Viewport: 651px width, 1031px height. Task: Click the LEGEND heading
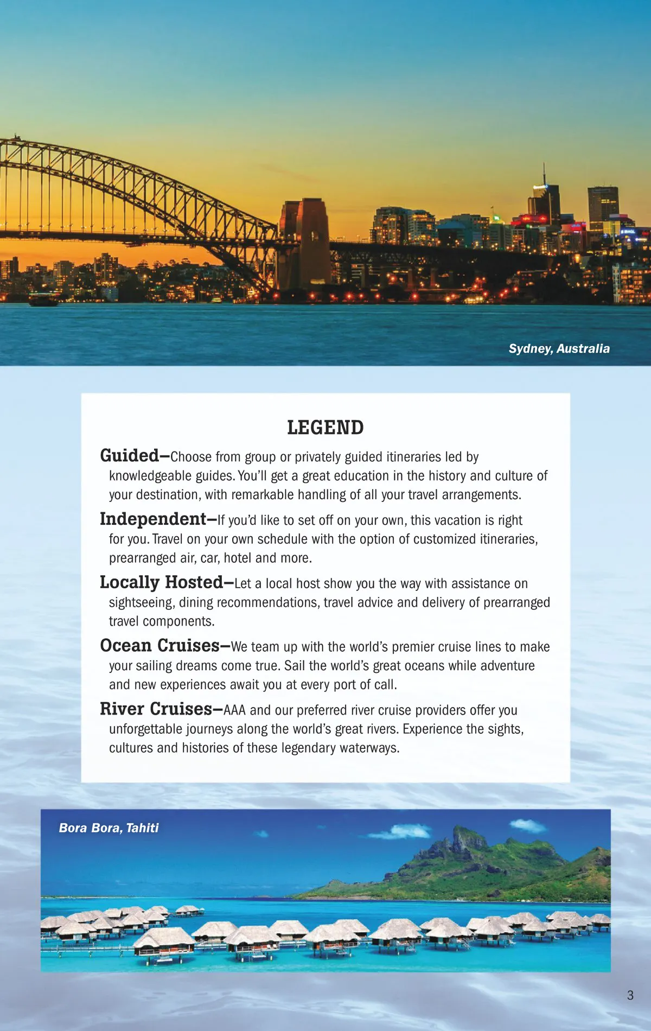coord(325,428)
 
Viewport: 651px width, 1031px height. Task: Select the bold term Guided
coord(129,455)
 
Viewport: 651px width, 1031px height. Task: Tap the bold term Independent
coord(153,519)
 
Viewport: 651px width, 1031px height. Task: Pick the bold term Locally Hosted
coord(161,582)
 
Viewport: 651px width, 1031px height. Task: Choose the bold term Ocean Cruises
coord(159,646)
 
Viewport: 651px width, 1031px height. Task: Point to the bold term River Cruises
coord(156,709)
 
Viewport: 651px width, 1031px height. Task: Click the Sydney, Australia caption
coord(559,348)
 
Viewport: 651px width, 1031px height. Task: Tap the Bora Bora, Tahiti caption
coord(108,828)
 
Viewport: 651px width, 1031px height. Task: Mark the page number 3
coord(630,995)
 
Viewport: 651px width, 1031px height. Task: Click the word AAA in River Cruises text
coord(234,710)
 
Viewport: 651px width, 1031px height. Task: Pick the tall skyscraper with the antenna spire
coord(545,201)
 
